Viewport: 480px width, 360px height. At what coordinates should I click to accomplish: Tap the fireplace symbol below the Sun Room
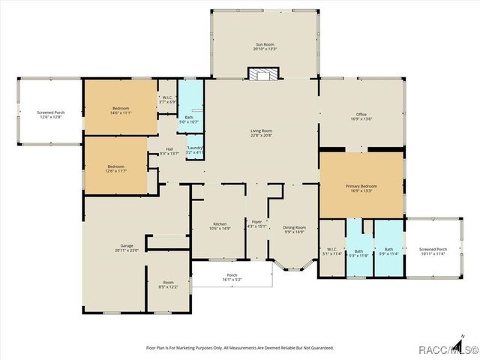[262, 74]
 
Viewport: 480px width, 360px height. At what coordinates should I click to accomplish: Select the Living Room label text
[261, 133]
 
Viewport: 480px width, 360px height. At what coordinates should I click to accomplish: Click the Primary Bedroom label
[361, 188]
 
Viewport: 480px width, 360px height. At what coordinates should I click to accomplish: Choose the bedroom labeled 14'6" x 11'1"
[121, 110]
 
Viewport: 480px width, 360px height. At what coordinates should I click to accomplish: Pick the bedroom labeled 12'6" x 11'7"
[115, 168]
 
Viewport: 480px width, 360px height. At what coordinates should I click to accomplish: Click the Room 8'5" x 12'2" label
[168, 284]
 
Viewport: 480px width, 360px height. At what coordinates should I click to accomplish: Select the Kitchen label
[220, 226]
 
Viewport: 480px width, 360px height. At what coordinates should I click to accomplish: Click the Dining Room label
[294, 229]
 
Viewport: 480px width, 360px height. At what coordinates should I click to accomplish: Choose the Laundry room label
[195, 150]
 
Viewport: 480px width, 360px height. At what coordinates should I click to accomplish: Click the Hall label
[169, 151]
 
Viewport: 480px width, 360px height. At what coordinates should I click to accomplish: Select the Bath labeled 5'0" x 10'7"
[189, 118]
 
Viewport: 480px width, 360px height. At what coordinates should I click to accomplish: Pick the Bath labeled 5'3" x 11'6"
[358, 253]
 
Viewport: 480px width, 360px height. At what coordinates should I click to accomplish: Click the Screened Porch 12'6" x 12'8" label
[51, 115]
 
